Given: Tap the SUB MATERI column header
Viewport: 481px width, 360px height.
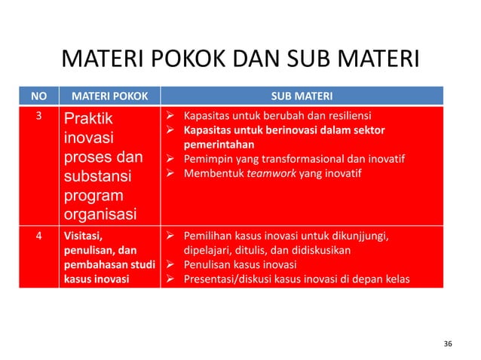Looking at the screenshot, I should tap(302, 96).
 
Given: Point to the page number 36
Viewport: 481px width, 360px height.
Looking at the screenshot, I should tap(448, 343).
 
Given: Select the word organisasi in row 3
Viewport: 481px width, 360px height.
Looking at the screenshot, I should tap(100, 215).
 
